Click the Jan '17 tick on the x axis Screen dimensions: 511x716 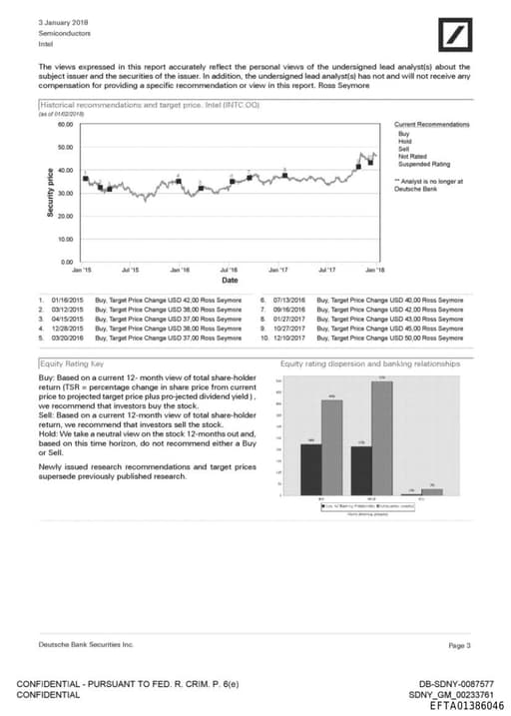pos(278,270)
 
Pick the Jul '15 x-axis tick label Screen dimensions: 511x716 pos(130,270)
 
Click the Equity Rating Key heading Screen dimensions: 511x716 pos(73,365)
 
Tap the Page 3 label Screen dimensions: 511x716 pos(459,646)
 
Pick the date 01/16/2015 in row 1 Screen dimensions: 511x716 pos(66,299)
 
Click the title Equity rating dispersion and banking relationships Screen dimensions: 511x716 pos(370,365)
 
